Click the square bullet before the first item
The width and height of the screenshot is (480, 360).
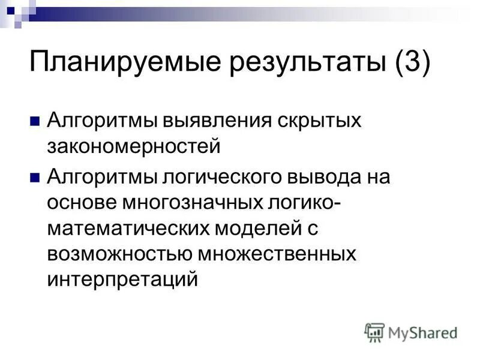[35, 121]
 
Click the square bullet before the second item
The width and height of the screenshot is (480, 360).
[35, 177]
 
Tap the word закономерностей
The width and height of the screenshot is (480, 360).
[134, 146]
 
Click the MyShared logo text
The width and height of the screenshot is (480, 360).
[422, 332]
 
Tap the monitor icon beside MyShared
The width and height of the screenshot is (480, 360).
[374, 332]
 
